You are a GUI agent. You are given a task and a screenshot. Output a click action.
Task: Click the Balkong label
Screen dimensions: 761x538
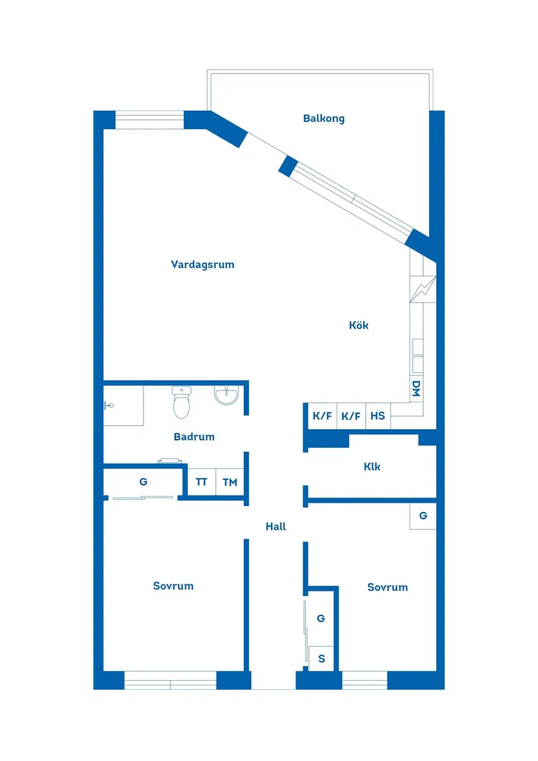coord(323,119)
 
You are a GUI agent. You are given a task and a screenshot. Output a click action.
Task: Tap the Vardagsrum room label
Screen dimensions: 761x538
coord(202,265)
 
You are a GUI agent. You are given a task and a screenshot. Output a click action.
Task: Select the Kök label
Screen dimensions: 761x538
coord(359,325)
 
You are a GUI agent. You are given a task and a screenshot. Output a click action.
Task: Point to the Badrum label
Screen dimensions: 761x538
coord(194,437)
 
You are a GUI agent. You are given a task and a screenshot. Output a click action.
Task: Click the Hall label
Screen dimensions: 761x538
coord(276,527)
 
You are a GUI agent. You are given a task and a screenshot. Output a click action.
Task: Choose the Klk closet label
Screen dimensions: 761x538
coord(372,467)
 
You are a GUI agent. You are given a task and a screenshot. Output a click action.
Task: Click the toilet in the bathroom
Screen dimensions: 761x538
coord(181,403)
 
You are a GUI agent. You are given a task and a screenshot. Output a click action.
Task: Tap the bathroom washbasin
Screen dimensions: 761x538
coord(227,395)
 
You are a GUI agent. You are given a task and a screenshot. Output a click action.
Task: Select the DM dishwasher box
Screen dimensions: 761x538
coord(416,389)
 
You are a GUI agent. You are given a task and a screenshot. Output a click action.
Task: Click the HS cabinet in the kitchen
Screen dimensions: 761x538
coord(378,416)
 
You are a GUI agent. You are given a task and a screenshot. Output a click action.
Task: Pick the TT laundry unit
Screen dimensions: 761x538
coord(202,483)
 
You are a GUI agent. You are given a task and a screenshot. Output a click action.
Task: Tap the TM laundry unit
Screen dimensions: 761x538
coord(230,483)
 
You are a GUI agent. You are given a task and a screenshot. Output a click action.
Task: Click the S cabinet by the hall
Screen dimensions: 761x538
coord(321,659)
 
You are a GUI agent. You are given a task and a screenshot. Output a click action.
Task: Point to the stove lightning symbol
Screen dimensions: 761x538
coord(423,289)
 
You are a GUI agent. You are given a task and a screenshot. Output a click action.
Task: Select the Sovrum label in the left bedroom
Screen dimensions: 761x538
coord(173,586)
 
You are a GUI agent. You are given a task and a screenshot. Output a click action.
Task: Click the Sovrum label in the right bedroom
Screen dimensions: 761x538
coord(387,587)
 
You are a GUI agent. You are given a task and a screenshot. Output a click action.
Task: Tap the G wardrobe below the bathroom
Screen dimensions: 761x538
coord(143,483)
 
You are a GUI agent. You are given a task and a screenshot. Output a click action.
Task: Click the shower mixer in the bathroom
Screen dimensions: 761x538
coord(108,406)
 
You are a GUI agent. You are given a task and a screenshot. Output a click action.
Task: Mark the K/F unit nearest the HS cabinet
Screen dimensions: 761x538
coord(351,416)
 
